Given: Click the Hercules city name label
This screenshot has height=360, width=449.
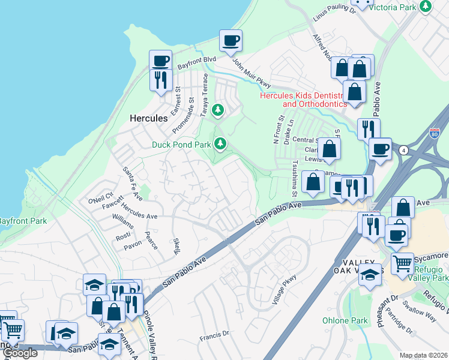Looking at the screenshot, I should click(148, 118).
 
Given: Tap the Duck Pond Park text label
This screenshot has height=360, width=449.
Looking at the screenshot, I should click(181, 145).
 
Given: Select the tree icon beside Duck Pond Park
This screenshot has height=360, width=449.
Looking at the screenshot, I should click(221, 143).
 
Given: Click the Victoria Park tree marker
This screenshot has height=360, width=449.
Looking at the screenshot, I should click(426, 6).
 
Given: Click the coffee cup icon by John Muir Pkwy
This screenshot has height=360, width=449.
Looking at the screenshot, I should click(231, 41).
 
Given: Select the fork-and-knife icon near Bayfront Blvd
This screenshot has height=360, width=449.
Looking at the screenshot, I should click(160, 80).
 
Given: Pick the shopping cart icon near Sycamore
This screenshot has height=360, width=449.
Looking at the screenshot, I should click(402, 262).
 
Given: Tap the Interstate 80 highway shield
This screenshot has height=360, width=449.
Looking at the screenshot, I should click(435, 133).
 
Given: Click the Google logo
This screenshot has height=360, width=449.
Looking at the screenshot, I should click(20, 353).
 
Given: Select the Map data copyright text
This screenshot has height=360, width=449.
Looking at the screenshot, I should click(424, 355).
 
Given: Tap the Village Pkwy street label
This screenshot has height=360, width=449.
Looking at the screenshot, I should click(285, 289).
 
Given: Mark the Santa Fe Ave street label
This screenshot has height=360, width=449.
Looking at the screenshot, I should click(132, 183).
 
